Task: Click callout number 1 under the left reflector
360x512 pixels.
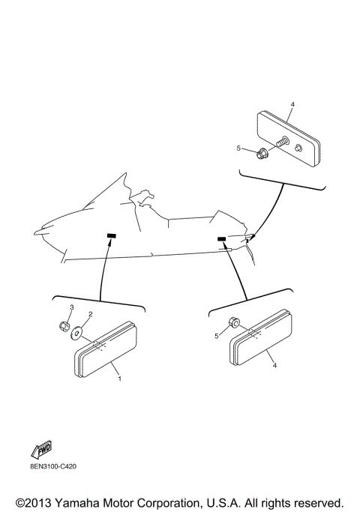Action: (x=118, y=379)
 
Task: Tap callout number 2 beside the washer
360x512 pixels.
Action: (x=90, y=315)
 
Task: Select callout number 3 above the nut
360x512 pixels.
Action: (x=71, y=308)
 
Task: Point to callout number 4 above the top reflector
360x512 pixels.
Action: (x=292, y=104)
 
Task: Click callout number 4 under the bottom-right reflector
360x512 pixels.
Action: (x=274, y=365)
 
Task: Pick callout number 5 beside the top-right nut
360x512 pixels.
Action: (x=238, y=148)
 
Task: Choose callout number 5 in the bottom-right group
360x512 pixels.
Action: (x=217, y=336)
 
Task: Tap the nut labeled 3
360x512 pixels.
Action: (x=64, y=327)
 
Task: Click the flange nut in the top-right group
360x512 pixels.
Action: (x=262, y=154)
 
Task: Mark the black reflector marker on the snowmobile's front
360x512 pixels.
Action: (x=111, y=236)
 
